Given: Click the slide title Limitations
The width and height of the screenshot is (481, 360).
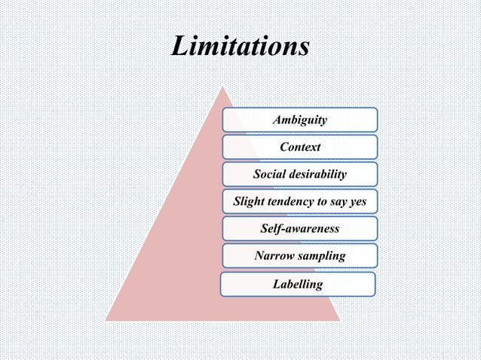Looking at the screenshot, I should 240,47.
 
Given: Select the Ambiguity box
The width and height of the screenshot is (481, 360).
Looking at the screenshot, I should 300,120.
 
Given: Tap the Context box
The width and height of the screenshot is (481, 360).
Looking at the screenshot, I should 300,147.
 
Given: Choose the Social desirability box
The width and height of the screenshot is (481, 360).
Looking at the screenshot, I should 300,175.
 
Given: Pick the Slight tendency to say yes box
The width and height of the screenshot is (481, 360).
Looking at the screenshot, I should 300,202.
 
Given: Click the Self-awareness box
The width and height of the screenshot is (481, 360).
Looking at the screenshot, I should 300,229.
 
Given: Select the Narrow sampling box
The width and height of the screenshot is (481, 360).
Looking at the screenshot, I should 300,256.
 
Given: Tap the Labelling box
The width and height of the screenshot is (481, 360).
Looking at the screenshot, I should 299,284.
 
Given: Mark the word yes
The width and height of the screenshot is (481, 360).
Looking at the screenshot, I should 357,203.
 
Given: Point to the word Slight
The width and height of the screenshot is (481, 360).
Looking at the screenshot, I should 250,202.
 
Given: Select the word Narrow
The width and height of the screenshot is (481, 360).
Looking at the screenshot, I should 275,256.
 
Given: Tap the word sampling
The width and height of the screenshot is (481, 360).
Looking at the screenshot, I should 323,257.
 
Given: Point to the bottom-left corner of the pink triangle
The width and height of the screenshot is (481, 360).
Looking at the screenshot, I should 106,320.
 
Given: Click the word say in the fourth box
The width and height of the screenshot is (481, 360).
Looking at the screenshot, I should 336,203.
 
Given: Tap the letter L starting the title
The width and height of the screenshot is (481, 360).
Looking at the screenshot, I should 179,47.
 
